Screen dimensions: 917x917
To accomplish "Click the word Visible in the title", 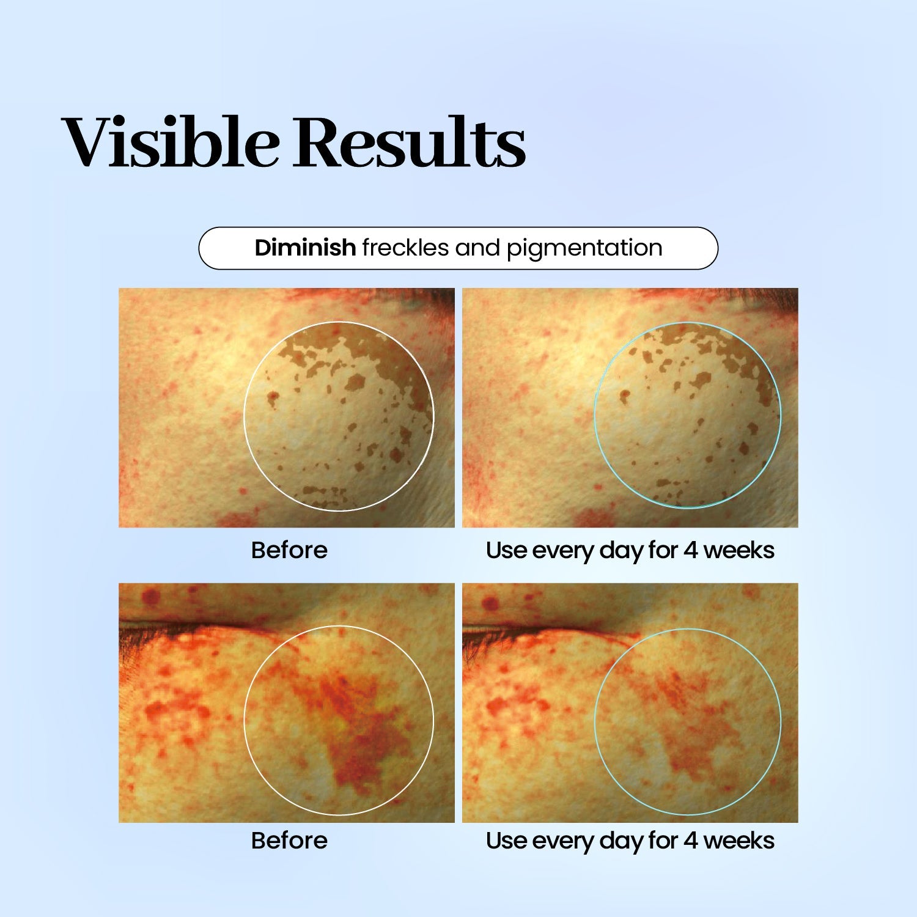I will pos(171,142).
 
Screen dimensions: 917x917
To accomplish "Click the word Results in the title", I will pos(410,142).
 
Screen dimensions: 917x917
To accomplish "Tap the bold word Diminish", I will pos(305,248).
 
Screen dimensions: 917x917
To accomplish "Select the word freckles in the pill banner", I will pos(405,248).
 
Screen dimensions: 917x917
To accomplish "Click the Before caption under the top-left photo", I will pos(289,550).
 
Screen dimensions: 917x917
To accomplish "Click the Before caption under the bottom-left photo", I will pos(289,841).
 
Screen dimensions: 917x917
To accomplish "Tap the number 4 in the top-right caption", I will pos(691,550).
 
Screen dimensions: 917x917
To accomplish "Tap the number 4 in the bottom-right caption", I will pos(691,841).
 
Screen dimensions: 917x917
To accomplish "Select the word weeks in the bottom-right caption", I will pos(739,841).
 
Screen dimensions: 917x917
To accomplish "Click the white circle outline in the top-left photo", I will pos(245,416).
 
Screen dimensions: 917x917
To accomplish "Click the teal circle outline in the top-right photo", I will pos(595,416).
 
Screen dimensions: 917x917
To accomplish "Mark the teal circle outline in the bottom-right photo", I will pos(595,721).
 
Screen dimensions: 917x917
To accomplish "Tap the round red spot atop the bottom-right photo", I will pos(490,605).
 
